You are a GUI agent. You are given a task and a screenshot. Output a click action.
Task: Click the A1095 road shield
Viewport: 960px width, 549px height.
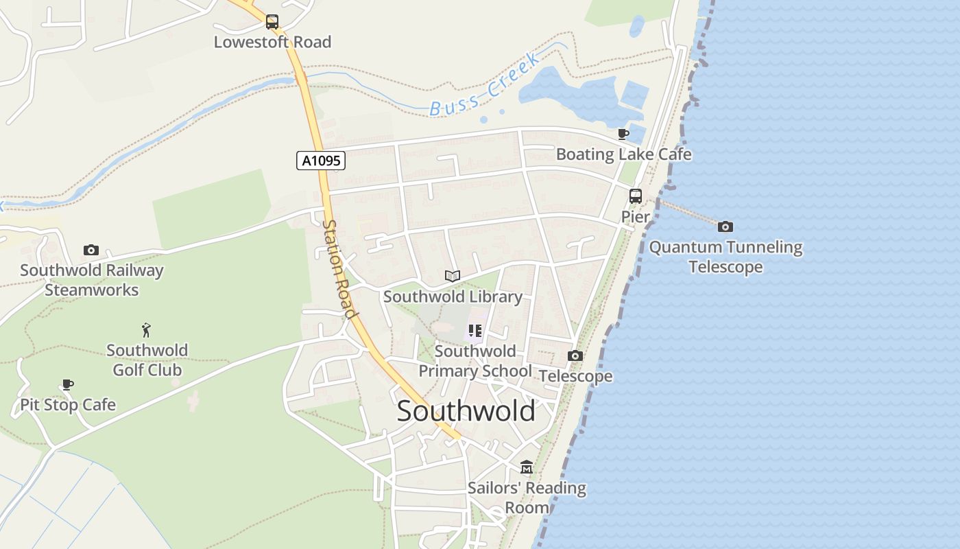pos(321,161)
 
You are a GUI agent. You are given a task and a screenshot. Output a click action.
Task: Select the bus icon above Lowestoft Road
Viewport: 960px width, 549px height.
pos(272,21)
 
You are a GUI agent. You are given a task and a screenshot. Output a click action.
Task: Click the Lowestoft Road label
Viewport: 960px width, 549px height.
pos(272,42)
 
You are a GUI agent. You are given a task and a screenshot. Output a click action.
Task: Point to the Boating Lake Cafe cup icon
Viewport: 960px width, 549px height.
pos(623,134)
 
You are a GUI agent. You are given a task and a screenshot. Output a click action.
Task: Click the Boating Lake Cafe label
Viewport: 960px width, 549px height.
pos(623,154)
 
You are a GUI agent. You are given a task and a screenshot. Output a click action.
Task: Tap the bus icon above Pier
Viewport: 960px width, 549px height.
pos(636,196)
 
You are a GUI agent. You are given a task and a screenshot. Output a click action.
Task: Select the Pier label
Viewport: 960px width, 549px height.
pos(636,217)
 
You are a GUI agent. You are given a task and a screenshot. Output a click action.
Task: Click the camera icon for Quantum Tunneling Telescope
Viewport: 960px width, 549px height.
pos(725,226)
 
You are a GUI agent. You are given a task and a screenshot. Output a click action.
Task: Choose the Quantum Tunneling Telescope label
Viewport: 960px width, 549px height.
pos(725,257)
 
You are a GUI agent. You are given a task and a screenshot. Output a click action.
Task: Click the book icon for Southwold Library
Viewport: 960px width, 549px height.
pos(452,276)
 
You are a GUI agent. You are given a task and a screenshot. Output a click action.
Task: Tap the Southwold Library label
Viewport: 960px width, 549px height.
pos(453,296)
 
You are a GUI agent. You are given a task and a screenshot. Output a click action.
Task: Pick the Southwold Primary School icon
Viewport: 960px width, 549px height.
pos(475,331)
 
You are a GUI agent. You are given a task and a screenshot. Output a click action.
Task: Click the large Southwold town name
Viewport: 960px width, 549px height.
pos(466,411)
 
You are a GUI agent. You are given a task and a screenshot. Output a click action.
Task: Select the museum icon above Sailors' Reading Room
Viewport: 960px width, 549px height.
pos(527,467)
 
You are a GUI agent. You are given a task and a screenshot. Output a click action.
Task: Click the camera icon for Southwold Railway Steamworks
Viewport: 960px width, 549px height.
pos(91,250)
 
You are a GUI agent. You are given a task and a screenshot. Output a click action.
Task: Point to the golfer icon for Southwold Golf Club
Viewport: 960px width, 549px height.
pos(146,330)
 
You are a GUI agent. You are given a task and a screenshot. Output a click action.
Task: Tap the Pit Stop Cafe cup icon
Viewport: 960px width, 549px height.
pos(67,384)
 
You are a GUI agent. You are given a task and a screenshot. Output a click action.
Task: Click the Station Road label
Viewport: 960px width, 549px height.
pos(340,269)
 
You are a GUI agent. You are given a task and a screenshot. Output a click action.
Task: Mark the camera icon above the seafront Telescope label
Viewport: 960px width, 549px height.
pos(575,355)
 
